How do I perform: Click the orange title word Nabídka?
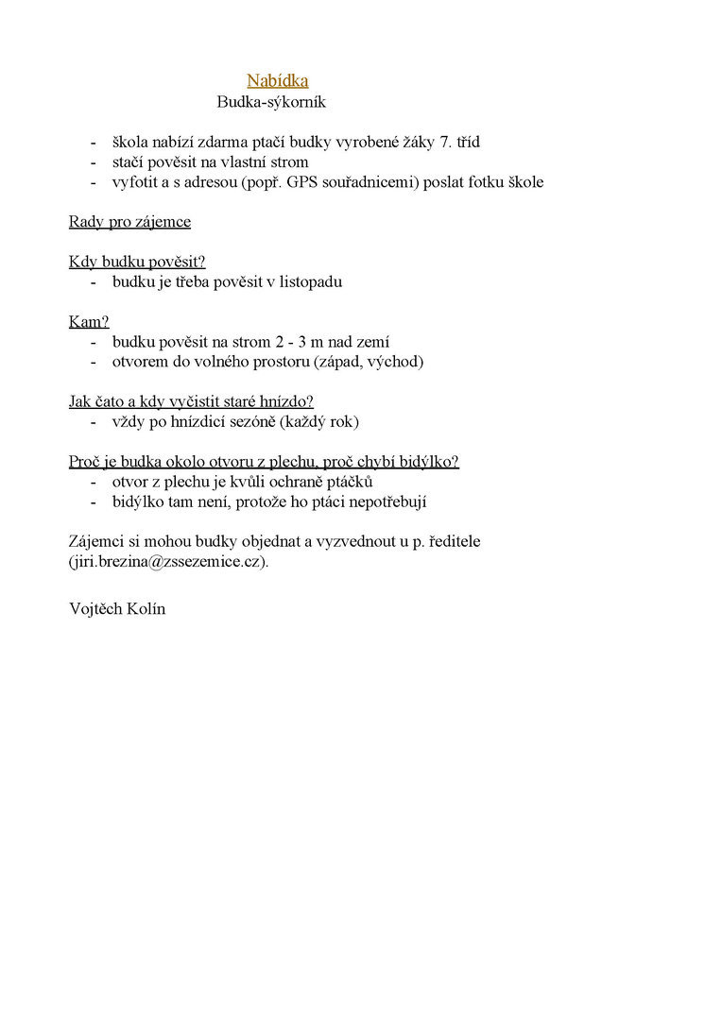[278, 81]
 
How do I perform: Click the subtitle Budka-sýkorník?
[271, 102]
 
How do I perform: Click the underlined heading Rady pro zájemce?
[129, 222]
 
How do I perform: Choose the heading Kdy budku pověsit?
[137, 262]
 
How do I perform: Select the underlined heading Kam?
[89, 322]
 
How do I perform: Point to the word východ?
[399, 362]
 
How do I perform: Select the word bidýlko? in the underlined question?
[429, 462]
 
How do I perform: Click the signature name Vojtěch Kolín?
[117, 609]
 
